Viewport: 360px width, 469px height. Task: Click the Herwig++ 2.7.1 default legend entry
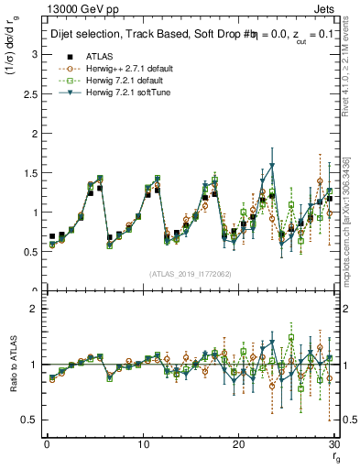(x=118, y=68)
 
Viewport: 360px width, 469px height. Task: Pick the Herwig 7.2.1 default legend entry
(x=115, y=80)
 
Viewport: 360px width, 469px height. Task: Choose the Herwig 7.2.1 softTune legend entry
(x=117, y=92)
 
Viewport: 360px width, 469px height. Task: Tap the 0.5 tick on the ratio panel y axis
(x=27, y=420)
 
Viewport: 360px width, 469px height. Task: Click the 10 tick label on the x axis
(x=143, y=444)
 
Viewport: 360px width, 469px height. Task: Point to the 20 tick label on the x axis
(x=239, y=444)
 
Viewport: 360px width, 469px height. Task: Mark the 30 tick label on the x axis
(x=334, y=444)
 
